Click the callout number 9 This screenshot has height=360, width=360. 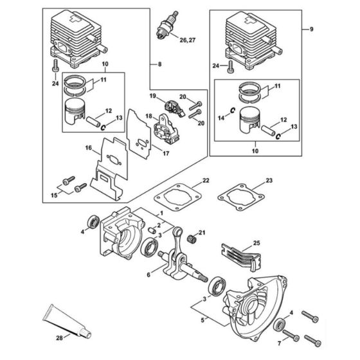[x=312, y=30]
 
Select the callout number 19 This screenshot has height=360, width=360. [x=152, y=96]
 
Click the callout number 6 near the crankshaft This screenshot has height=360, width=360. [x=149, y=274]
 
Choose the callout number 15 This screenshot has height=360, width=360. [x=53, y=194]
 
